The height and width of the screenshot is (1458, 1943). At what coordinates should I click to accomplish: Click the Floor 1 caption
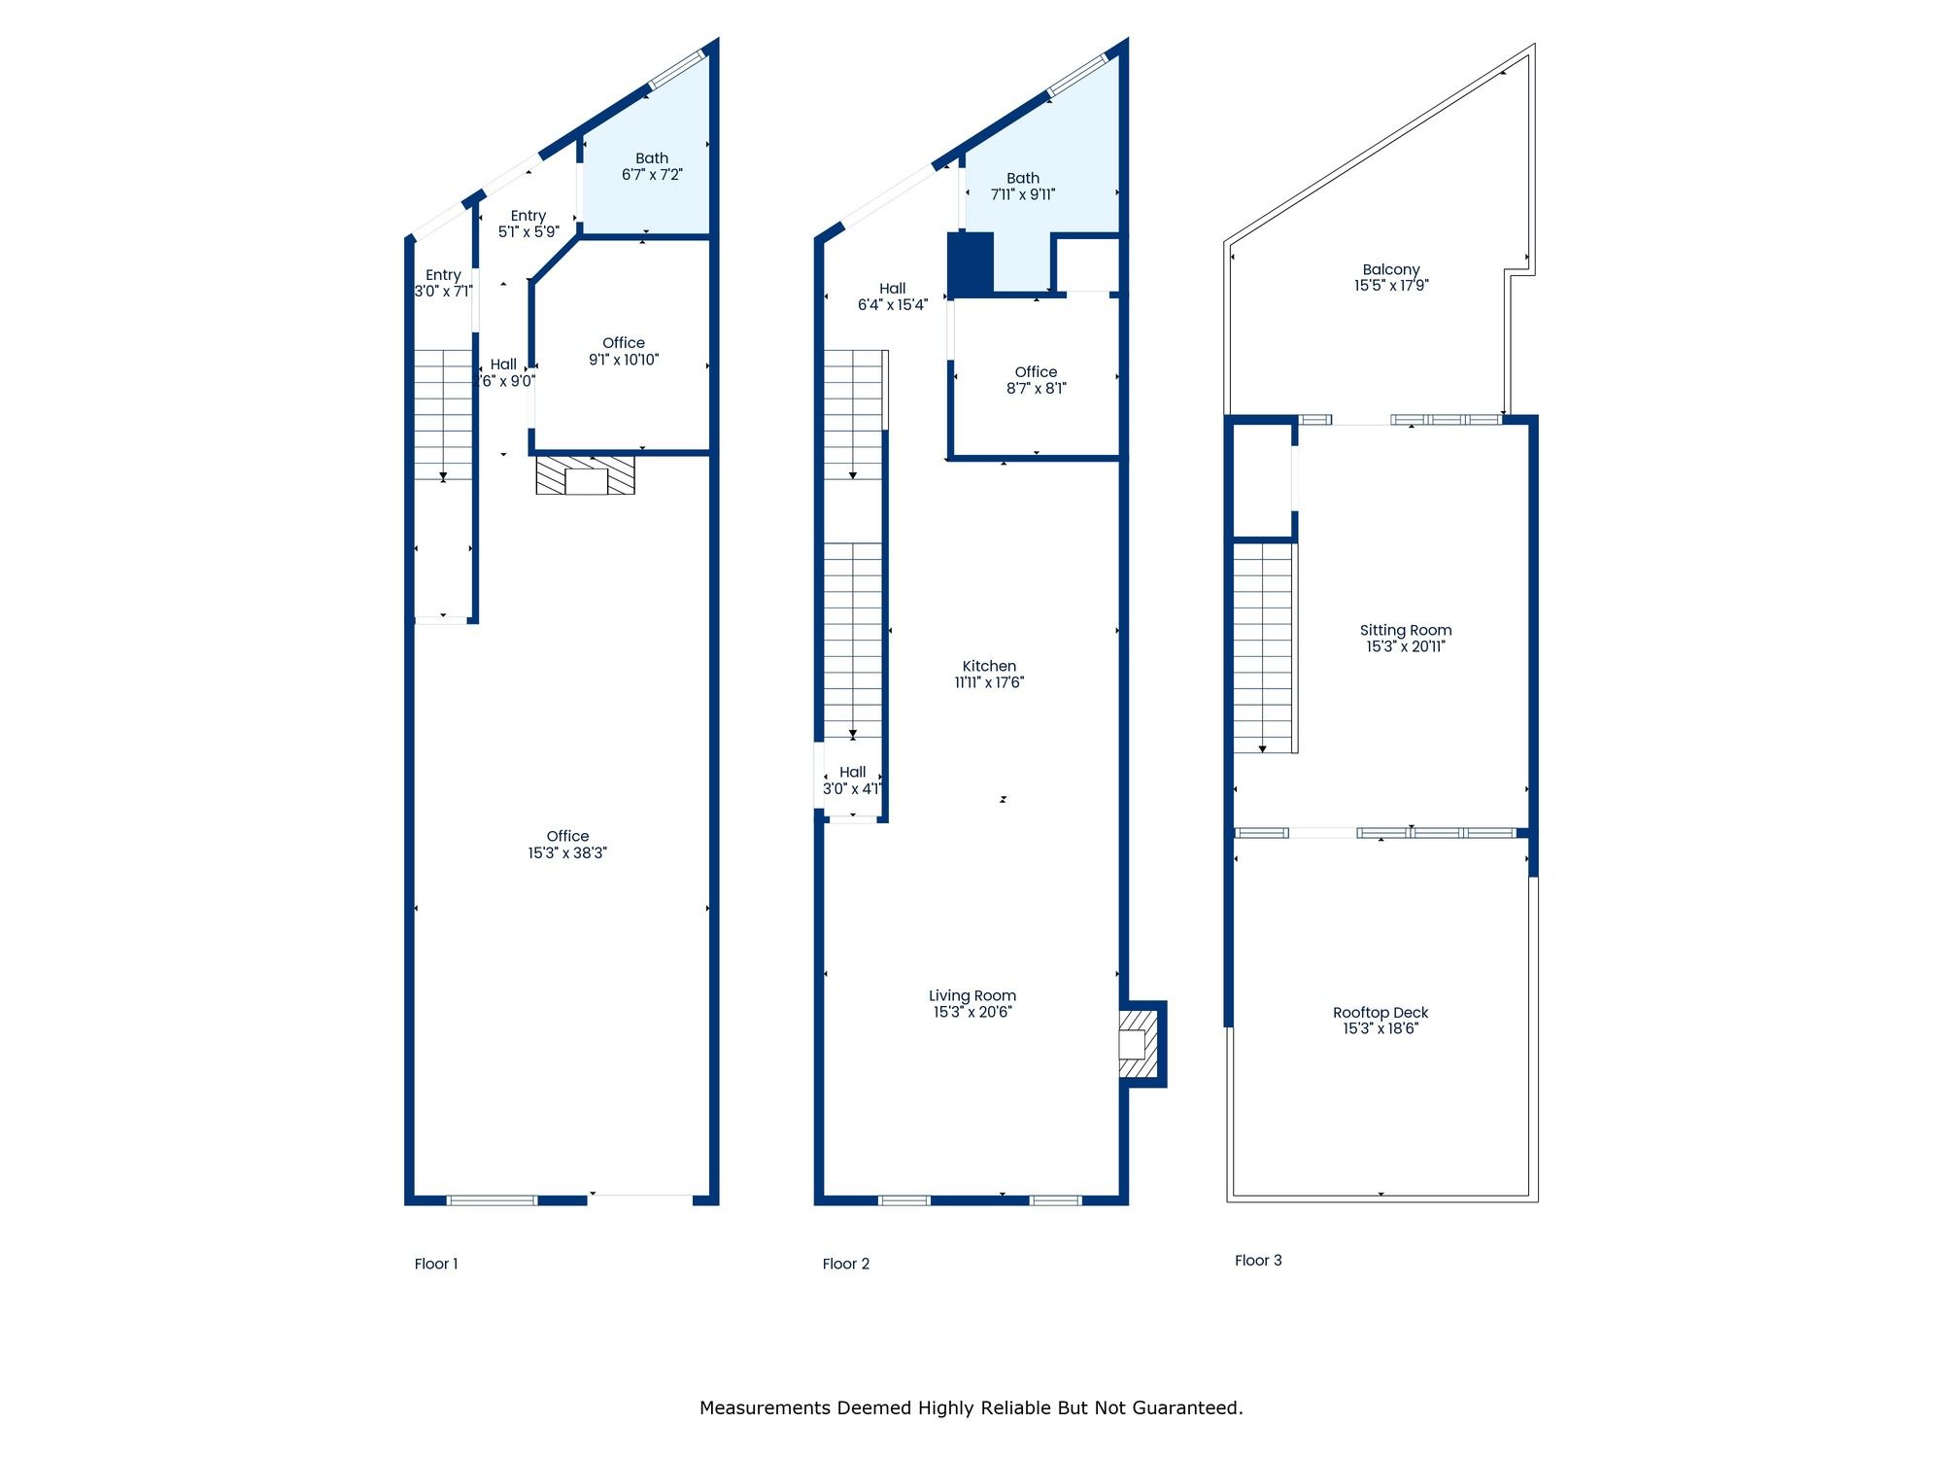pyautogui.click(x=436, y=1264)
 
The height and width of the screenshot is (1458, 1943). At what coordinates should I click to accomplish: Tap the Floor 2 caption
pyautogui.click(x=846, y=1264)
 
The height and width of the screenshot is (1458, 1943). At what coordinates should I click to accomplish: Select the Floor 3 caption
pyautogui.click(x=1258, y=1260)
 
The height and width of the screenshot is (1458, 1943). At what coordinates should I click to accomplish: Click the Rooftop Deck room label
pyautogui.click(x=1381, y=1012)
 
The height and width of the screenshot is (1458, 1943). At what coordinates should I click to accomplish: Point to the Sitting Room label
pyautogui.click(x=1406, y=630)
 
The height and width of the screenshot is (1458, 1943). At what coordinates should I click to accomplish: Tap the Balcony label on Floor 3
pyautogui.click(x=1391, y=269)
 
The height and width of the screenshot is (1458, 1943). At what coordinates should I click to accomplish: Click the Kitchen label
pyautogui.click(x=989, y=666)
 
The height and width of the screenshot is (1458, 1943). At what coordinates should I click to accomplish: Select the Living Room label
pyautogui.click(x=972, y=995)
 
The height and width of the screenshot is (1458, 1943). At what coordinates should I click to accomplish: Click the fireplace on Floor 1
pyautogui.click(x=586, y=475)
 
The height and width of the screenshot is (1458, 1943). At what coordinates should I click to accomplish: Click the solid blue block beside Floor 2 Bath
pyautogui.click(x=971, y=263)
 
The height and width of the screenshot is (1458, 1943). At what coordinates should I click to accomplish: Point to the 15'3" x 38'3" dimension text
pyautogui.click(x=567, y=852)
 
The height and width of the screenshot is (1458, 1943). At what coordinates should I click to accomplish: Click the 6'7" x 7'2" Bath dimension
pyautogui.click(x=652, y=175)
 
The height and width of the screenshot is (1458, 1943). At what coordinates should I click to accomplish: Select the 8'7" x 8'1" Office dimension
pyautogui.click(x=1037, y=389)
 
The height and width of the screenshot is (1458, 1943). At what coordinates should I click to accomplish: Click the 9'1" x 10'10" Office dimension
pyautogui.click(x=624, y=360)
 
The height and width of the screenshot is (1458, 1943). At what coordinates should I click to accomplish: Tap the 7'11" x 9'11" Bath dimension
pyautogui.click(x=1023, y=194)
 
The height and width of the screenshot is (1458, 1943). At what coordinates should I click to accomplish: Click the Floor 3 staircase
pyautogui.click(x=1263, y=647)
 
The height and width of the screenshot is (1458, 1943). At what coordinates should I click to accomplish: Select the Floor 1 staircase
pyautogui.click(x=443, y=415)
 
